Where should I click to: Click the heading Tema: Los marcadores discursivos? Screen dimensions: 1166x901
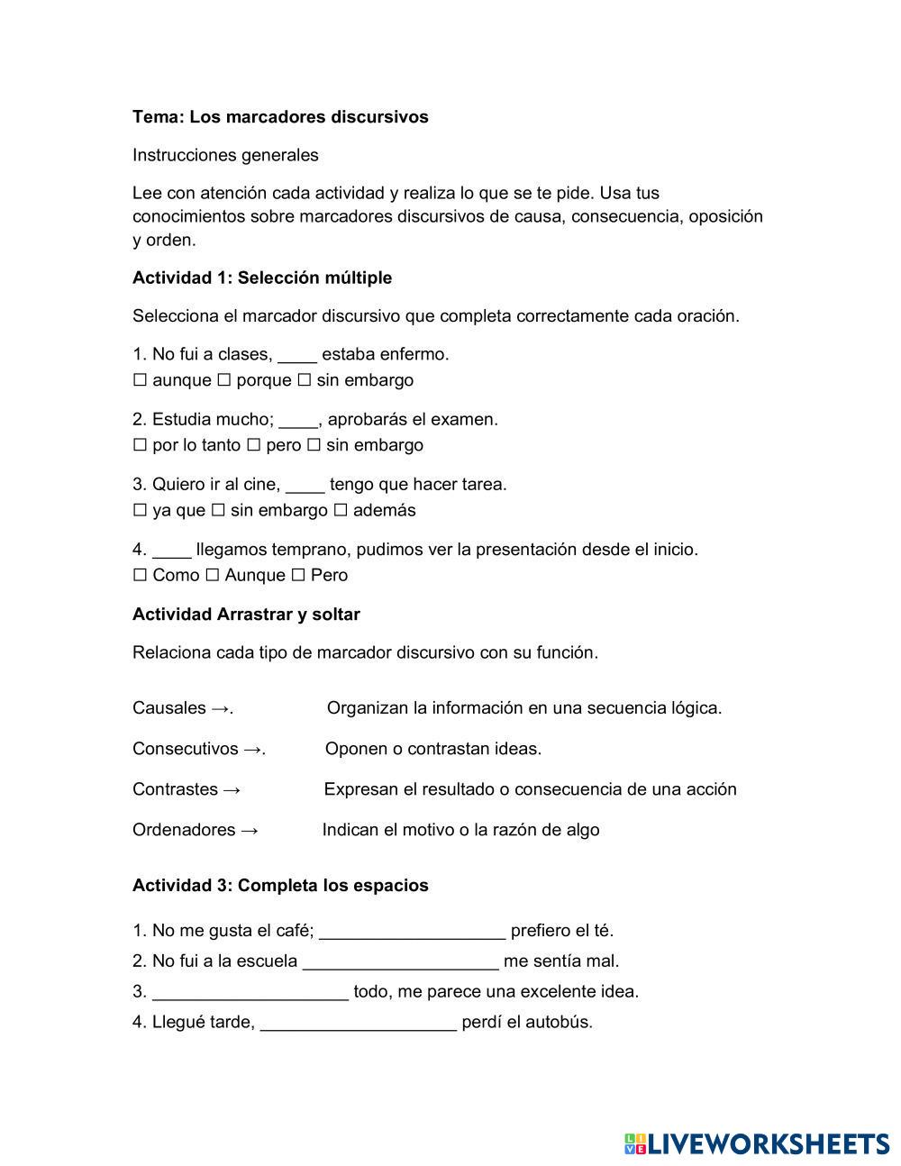click(280, 117)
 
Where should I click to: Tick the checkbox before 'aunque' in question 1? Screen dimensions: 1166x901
click(140, 380)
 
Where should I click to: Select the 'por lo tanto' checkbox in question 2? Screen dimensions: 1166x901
click(140, 445)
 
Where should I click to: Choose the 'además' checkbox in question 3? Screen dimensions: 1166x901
click(341, 510)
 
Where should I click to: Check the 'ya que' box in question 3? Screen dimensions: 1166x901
click(140, 510)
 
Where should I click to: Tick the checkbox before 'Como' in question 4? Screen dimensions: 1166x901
click(140, 575)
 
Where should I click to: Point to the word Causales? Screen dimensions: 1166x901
click(169, 708)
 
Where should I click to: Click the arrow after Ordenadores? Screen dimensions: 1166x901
click(250, 830)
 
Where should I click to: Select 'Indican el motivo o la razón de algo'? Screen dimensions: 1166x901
click(460, 830)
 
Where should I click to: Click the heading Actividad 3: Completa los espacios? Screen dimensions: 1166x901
click(280, 886)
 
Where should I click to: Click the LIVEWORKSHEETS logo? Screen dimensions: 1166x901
click(757, 1143)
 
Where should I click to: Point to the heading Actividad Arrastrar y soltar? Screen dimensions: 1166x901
click(246, 615)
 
